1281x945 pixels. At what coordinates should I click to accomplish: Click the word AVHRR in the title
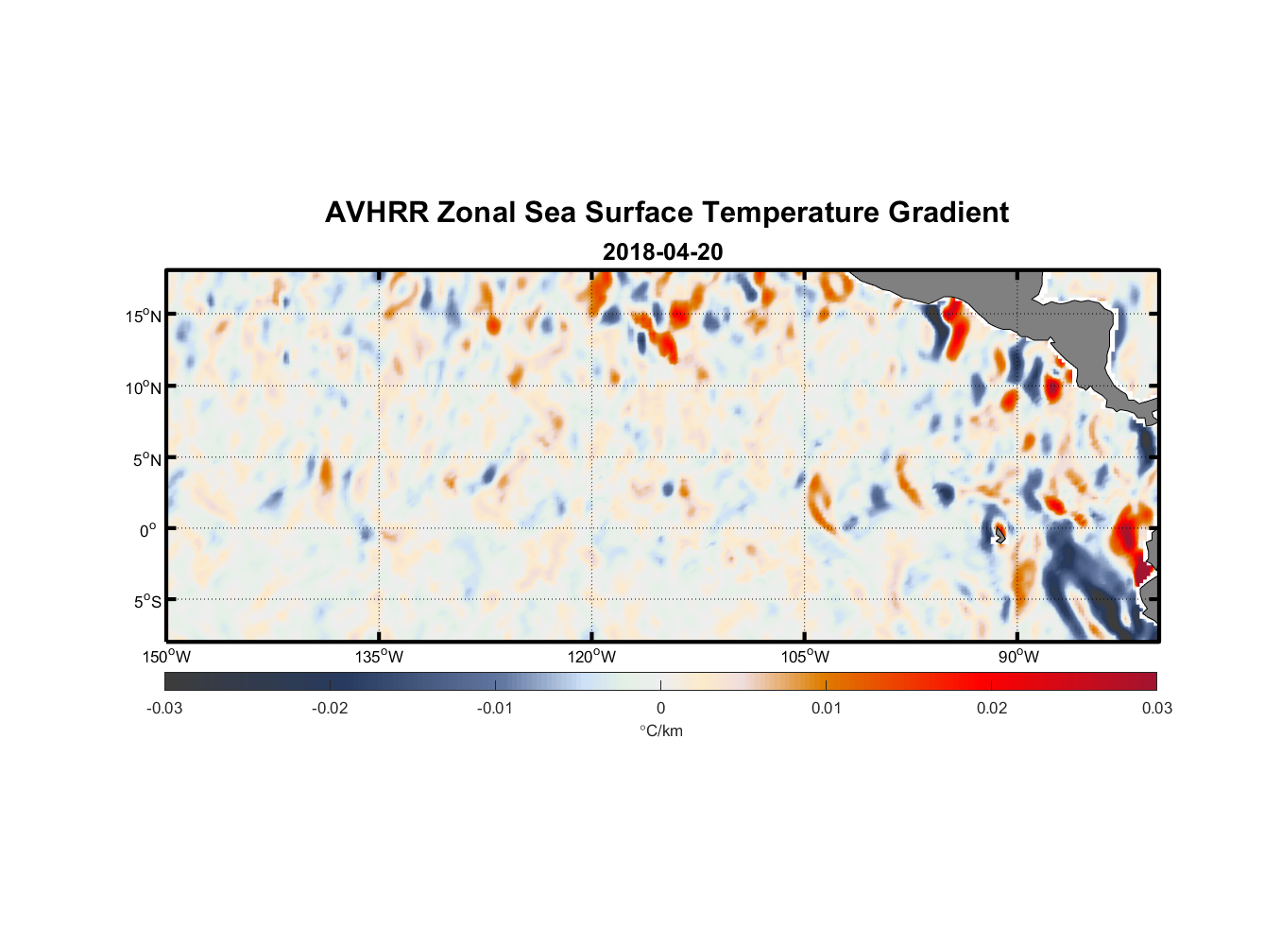click(x=376, y=213)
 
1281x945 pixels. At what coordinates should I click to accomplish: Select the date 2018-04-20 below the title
click(x=662, y=252)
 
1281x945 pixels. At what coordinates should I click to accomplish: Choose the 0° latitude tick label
click(x=148, y=530)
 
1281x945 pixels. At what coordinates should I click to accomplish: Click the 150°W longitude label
click(x=166, y=657)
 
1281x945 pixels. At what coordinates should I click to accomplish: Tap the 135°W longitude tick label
click(x=379, y=657)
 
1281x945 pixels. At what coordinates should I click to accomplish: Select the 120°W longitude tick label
click(x=591, y=657)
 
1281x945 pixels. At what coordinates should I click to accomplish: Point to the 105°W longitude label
click(x=805, y=657)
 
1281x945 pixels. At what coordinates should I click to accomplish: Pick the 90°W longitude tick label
click(x=1017, y=657)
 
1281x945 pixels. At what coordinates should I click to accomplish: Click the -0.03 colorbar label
click(x=164, y=708)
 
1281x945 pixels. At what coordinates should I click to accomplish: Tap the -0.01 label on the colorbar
click(x=495, y=708)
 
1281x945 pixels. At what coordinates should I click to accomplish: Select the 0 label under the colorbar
click(x=660, y=708)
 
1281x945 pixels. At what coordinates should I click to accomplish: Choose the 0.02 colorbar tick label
click(x=992, y=708)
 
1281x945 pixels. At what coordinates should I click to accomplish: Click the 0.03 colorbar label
click(x=1156, y=708)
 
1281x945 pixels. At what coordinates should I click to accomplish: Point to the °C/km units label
click(x=660, y=730)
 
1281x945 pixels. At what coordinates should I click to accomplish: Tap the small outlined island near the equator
click(x=999, y=534)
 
